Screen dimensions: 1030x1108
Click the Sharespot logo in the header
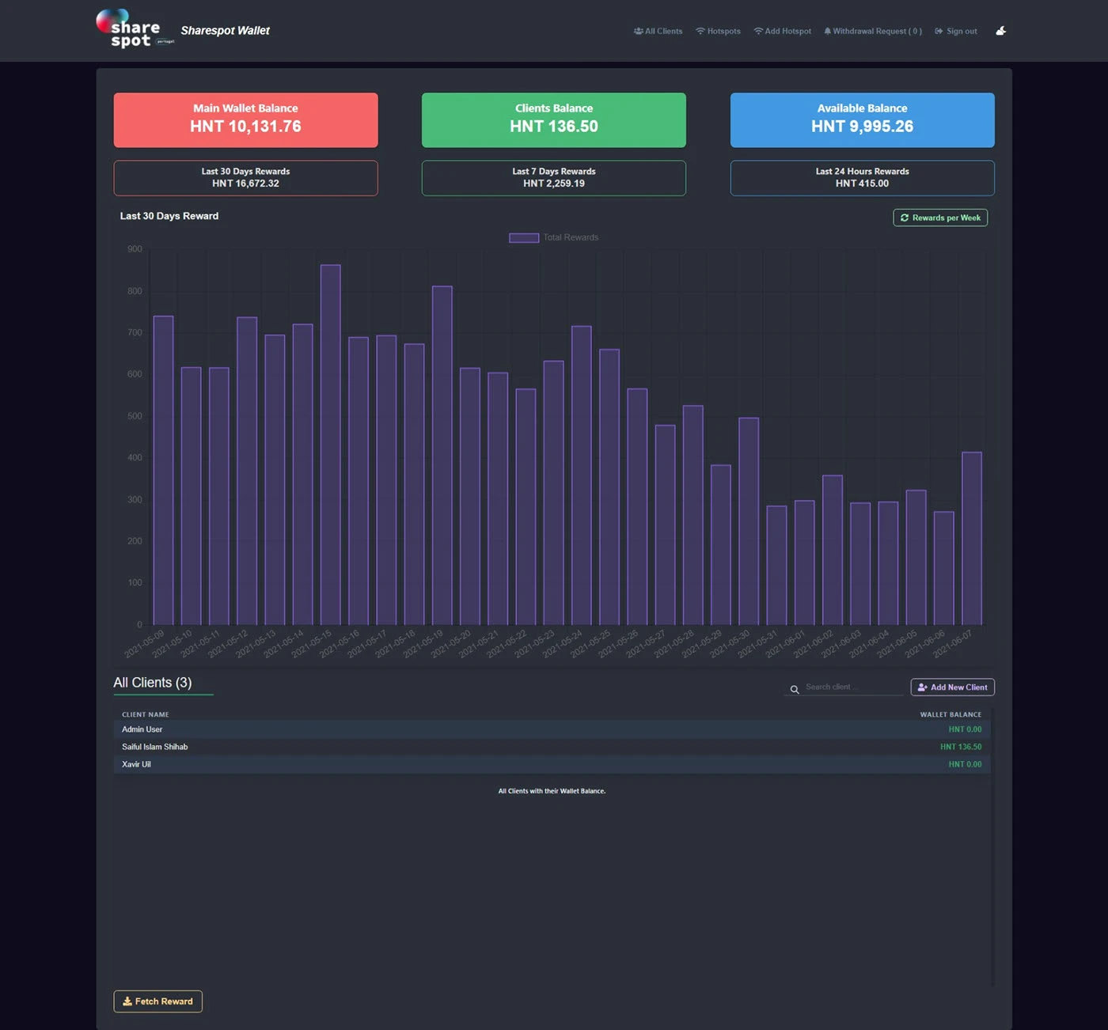[x=129, y=29]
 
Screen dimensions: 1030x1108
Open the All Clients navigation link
[x=658, y=32]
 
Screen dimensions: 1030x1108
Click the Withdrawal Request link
[x=873, y=32]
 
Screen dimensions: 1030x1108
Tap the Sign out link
[x=956, y=32]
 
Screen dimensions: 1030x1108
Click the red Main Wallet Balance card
[x=245, y=119]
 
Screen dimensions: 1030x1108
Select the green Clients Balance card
[x=553, y=119]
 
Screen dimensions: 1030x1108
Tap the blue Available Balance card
[x=862, y=119]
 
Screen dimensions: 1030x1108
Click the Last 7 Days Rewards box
[x=553, y=178]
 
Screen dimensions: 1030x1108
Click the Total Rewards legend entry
[x=554, y=237]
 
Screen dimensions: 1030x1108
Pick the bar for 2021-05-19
[x=442, y=455]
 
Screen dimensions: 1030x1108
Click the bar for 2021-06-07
[x=971, y=538]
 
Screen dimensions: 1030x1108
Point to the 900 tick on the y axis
[x=135, y=249]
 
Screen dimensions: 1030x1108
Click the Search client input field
[x=852, y=687]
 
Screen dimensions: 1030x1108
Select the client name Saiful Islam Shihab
[x=155, y=747]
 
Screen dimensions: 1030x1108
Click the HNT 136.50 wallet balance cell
[x=960, y=747]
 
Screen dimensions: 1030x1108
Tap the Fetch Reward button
[x=157, y=1001]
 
